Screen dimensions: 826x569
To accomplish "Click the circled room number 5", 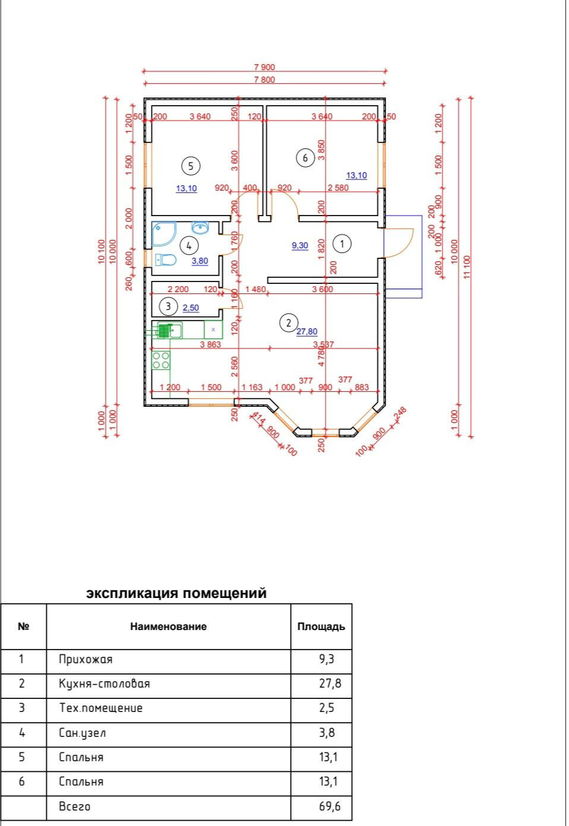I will [x=191, y=166].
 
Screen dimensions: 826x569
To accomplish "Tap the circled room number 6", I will [x=305, y=157].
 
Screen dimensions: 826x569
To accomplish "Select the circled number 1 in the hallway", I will [x=342, y=243].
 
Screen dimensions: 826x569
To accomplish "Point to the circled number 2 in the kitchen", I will [x=289, y=322].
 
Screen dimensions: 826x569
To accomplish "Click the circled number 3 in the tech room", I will [x=169, y=306].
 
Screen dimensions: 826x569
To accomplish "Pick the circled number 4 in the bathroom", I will [x=189, y=245].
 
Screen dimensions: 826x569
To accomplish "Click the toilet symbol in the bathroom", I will [x=166, y=260].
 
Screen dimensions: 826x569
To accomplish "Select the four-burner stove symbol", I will [x=161, y=360].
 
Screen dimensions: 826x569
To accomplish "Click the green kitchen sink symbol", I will [x=170, y=330].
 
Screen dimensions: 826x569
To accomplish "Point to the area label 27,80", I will [x=307, y=332].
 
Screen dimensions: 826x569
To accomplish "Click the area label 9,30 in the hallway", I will [x=300, y=245].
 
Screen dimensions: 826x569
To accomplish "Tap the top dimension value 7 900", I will [x=264, y=67].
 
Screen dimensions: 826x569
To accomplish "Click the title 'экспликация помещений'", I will [x=176, y=593].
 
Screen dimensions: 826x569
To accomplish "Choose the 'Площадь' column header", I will [x=321, y=626].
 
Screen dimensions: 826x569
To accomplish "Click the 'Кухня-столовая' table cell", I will [x=105, y=683].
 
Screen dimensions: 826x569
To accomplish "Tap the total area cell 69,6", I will [x=330, y=806].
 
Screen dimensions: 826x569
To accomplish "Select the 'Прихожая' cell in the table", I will [x=86, y=659].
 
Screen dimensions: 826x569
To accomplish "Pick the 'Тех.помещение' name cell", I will [x=101, y=708].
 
